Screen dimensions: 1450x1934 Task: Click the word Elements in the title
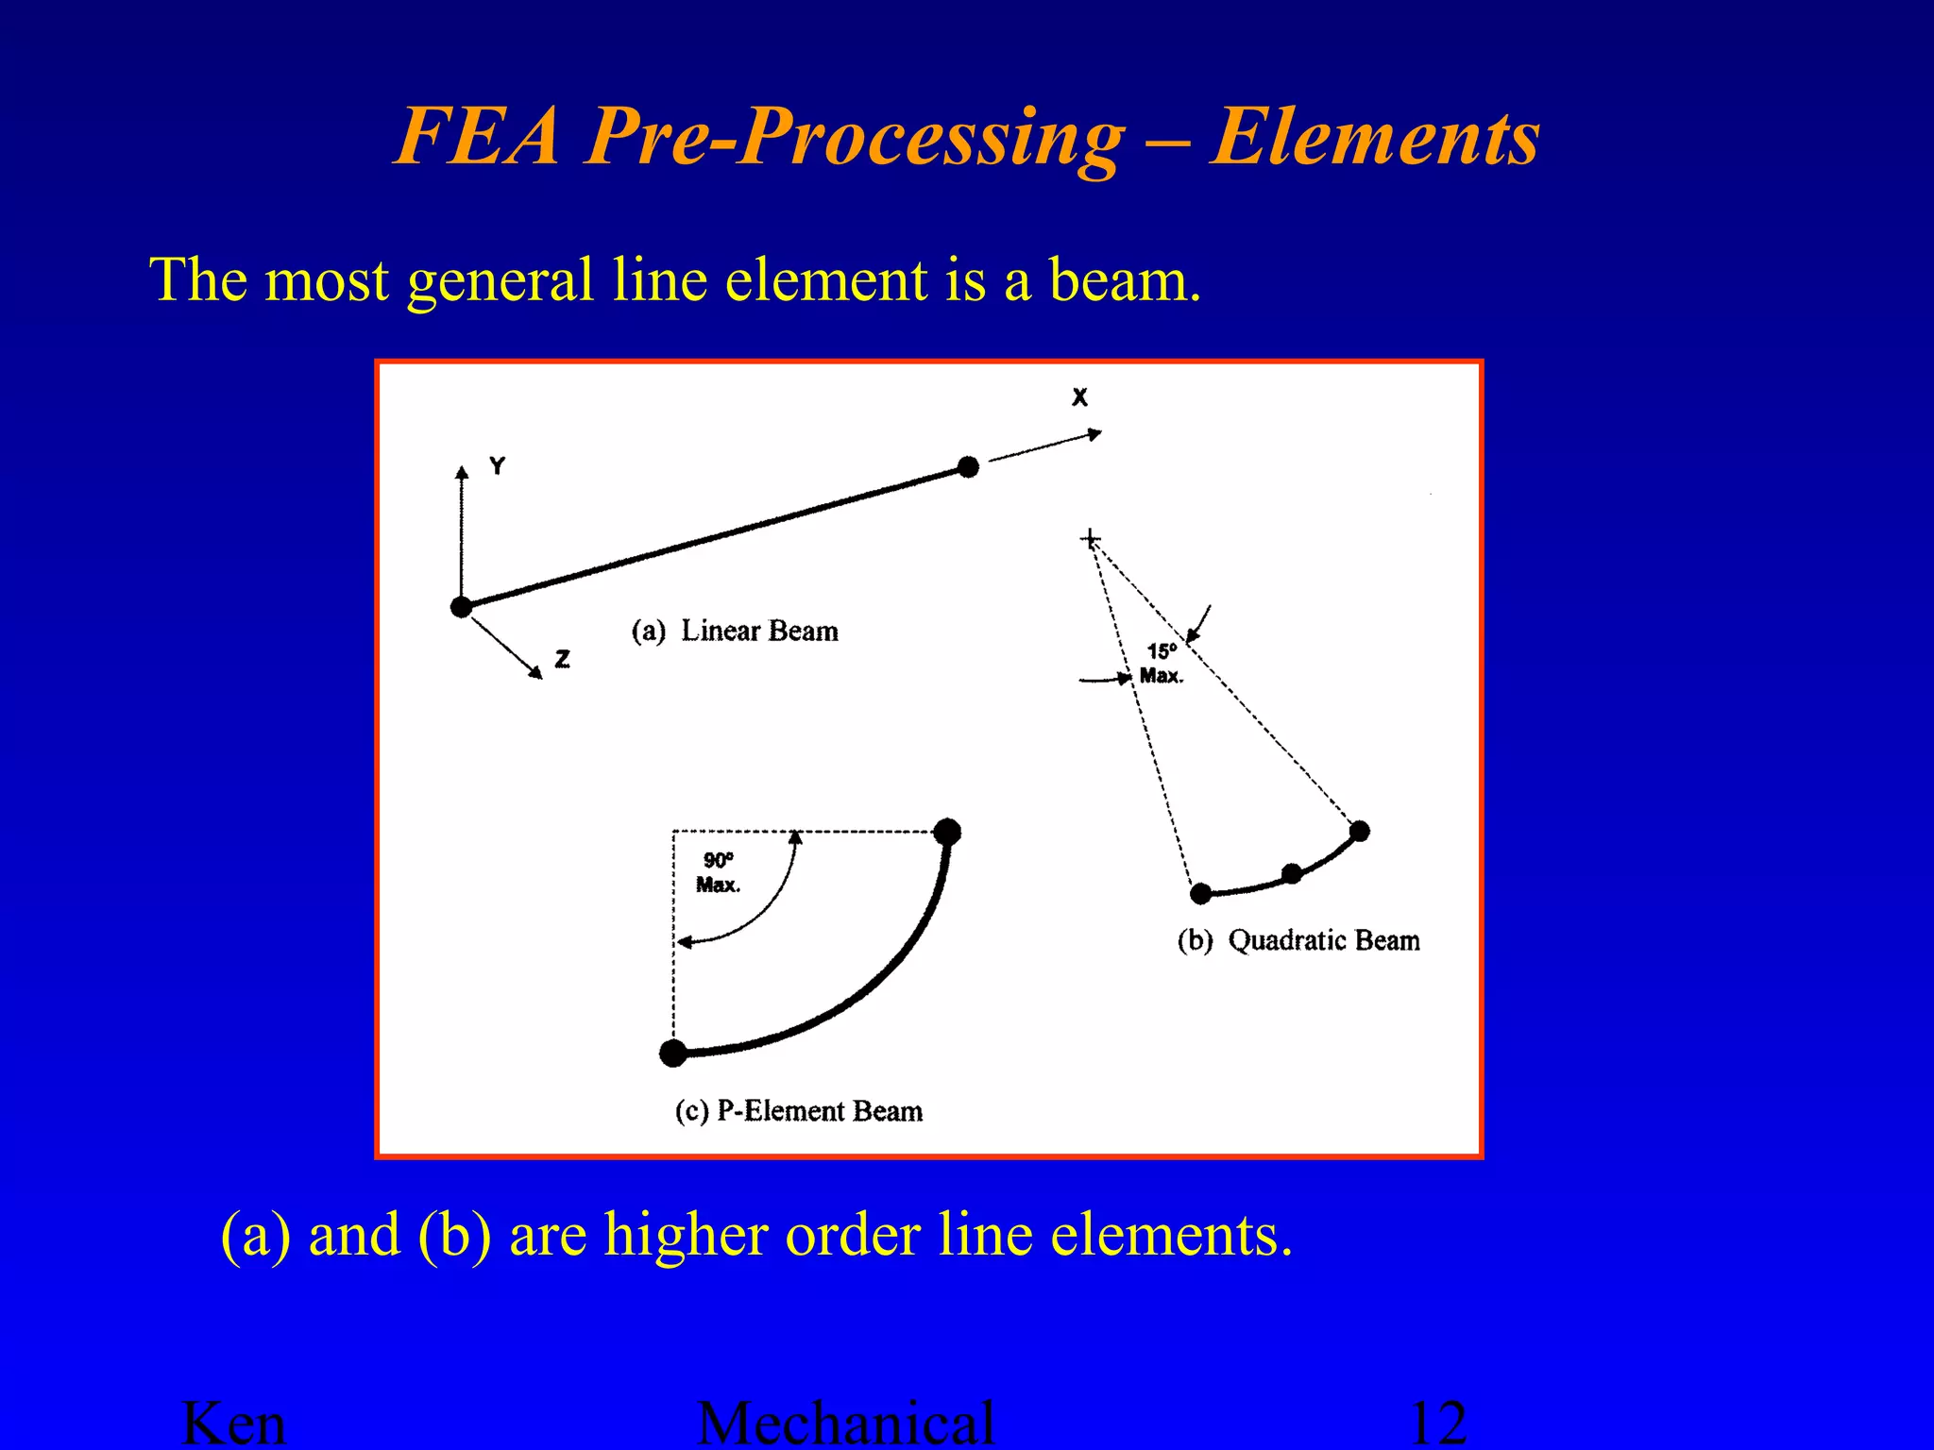(1374, 137)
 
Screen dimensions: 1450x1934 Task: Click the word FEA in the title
(477, 137)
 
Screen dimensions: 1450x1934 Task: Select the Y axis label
(498, 465)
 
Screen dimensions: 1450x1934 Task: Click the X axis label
(1079, 397)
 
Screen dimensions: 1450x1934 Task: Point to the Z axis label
(563, 659)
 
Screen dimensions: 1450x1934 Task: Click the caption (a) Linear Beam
(735, 631)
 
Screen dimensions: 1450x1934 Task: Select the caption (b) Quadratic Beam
(1298, 940)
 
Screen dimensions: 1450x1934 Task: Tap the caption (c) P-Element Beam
(799, 1111)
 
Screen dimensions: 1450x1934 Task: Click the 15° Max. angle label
(1162, 663)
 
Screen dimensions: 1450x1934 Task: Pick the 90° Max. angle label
(718, 872)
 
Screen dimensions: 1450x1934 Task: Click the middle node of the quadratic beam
(1292, 873)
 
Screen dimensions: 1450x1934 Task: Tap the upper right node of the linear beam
(968, 466)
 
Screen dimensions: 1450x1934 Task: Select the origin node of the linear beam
(461, 607)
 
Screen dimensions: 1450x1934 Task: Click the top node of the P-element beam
(946, 832)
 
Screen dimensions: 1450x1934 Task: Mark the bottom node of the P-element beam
(673, 1053)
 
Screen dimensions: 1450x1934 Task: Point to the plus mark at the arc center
(1091, 539)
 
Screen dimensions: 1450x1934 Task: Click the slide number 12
(1437, 1424)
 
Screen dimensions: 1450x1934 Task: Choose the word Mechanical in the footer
(845, 1424)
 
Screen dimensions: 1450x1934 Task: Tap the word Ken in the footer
(233, 1424)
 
